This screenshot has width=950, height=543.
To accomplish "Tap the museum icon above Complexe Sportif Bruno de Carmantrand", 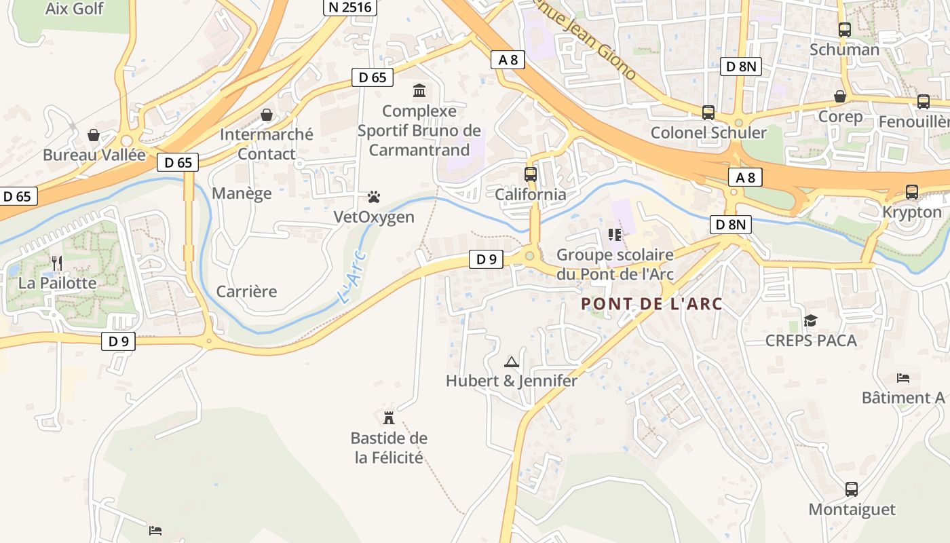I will coord(419,90).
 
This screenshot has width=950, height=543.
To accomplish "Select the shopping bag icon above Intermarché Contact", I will coord(267,114).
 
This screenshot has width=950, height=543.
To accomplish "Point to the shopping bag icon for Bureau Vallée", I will coord(94,135).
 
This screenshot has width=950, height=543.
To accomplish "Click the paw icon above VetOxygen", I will coord(374,197).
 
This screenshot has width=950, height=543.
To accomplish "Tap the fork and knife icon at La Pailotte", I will coord(57,263).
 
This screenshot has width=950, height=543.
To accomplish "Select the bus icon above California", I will coord(531,174).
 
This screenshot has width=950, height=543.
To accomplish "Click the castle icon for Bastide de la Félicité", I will coord(389,417).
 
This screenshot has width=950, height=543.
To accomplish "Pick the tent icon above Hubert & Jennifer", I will coord(512,361).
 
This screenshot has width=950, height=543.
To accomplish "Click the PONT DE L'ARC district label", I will coord(651,304).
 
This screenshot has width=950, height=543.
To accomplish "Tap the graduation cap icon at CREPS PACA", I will coord(810,320).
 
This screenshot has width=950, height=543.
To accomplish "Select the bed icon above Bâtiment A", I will coord(902,377).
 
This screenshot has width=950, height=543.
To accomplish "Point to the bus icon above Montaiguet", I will coord(852,489).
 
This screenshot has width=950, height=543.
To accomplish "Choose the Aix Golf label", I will coord(74,9).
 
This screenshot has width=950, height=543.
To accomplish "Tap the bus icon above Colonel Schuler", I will coord(708,112).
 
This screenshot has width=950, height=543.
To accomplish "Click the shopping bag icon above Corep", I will coord(840,96).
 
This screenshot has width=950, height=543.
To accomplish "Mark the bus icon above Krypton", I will coord(912,192).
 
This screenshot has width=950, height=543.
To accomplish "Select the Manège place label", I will coord(242,193).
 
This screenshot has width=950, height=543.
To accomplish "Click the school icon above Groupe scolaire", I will coord(615,235).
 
